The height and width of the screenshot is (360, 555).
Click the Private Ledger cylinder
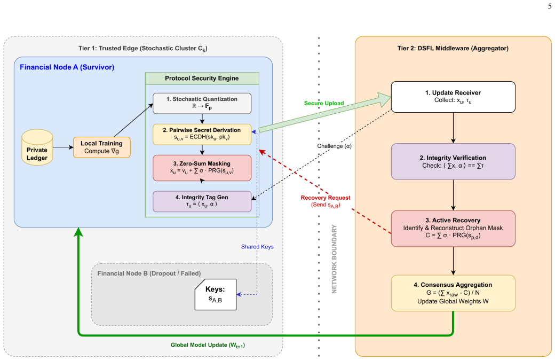[x=37, y=147]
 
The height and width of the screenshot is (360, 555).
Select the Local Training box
[x=101, y=147]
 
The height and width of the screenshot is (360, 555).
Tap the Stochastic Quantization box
[x=202, y=103]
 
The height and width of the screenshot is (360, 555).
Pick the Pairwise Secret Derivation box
[x=202, y=134]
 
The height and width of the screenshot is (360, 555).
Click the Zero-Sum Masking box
[x=202, y=168]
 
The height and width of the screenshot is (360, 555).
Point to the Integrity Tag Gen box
[x=202, y=201]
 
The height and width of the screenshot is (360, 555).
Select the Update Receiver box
[x=453, y=97]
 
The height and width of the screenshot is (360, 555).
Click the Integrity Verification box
[x=453, y=161]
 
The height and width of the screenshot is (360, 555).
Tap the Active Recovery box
[x=453, y=229]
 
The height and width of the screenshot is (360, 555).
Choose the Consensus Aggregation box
[x=453, y=293]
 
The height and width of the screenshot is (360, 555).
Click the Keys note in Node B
[x=216, y=294]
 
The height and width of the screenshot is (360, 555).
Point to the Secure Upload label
[x=324, y=103]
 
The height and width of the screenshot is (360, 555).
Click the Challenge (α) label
[x=334, y=146]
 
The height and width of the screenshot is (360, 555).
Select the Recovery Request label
[x=326, y=201]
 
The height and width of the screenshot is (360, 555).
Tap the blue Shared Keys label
[x=257, y=247]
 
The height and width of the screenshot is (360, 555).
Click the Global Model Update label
[x=208, y=345]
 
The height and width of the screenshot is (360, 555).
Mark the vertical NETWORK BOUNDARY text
[x=334, y=259]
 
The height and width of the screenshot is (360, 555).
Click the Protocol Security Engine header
[x=202, y=79]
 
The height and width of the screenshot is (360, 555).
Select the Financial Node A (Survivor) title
[x=67, y=67]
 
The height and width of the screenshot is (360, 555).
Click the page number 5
[x=550, y=6]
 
